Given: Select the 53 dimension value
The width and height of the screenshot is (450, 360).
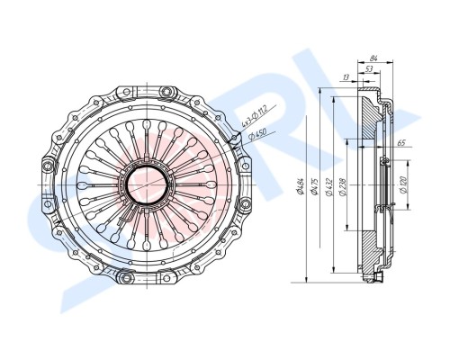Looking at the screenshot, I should (369, 68).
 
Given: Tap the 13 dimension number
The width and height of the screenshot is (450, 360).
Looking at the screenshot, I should (347, 78).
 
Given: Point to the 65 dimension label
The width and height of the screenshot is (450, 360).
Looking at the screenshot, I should (400, 143).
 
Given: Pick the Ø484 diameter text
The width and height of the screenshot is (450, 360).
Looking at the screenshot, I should (301, 189).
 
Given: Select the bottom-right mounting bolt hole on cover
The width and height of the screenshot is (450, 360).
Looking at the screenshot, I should (168, 278).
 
